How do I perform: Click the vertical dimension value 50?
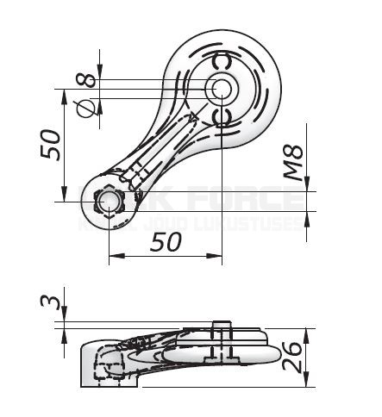(51, 144)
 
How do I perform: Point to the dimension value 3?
(54, 303)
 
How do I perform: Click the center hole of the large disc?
(219, 88)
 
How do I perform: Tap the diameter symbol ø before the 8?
(85, 106)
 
